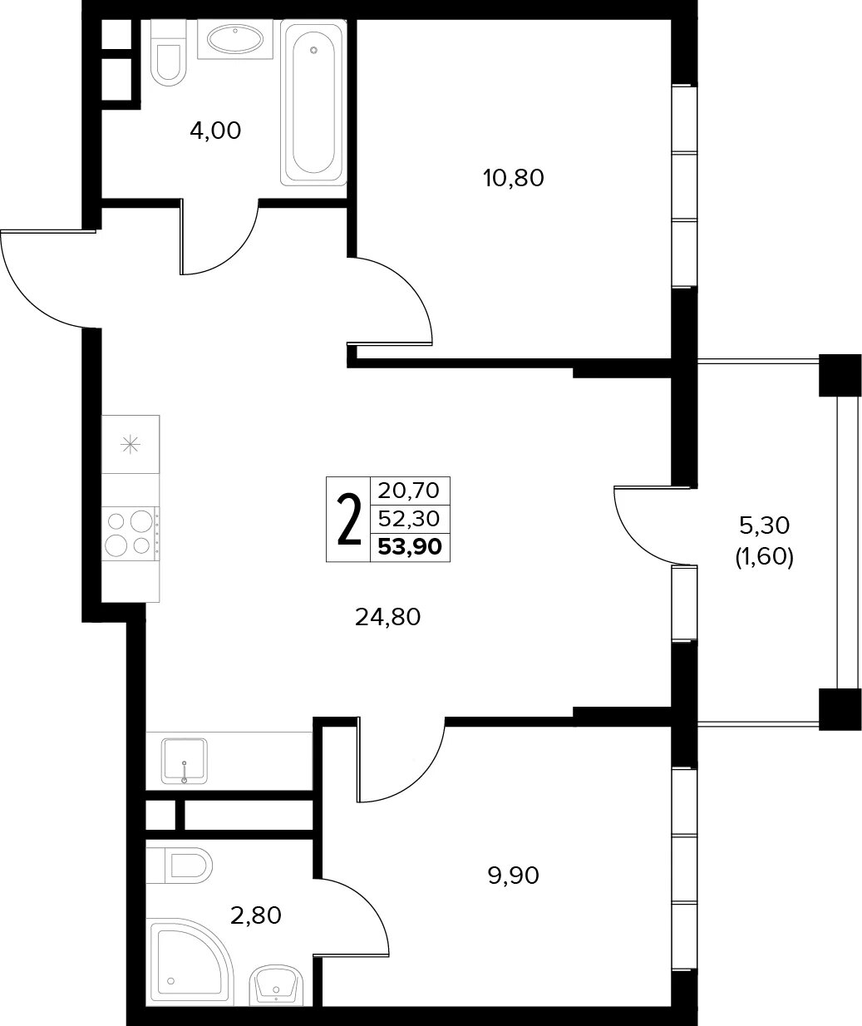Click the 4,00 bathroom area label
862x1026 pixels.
(215, 131)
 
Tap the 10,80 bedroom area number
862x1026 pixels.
(513, 178)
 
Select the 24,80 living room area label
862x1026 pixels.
(387, 617)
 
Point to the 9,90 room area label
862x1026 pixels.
(513, 876)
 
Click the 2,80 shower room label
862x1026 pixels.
(255, 915)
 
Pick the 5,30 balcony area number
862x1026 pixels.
(764, 525)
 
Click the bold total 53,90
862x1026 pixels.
(410, 547)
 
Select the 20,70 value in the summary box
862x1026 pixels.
(408, 491)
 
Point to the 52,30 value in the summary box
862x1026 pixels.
(409, 519)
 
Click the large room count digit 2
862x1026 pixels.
(349, 520)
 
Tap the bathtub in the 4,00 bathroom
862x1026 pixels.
(313, 103)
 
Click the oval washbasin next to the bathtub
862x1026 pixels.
(235, 39)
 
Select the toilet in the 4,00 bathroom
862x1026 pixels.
(169, 53)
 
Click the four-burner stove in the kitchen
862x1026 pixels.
(131, 534)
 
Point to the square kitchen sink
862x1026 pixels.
(185, 761)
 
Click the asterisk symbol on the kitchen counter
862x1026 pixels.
(131, 445)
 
